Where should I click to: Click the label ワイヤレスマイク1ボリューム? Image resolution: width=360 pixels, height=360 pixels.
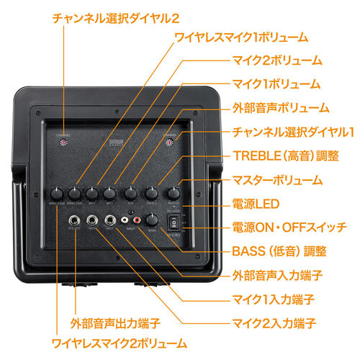click(242, 37)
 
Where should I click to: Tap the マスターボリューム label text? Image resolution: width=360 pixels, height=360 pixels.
click(278, 180)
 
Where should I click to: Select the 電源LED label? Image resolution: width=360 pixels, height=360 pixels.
click(257, 204)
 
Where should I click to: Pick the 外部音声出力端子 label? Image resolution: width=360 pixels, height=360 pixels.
click(115, 321)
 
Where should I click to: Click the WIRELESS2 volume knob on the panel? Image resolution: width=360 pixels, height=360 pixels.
click(57, 193)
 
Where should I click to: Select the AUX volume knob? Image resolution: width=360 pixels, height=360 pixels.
click(131, 193)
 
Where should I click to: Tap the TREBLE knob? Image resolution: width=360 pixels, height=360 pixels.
click(152, 193)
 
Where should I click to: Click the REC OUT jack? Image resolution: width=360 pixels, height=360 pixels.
click(73, 220)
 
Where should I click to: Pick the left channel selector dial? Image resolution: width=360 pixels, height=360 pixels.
click(64, 141)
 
